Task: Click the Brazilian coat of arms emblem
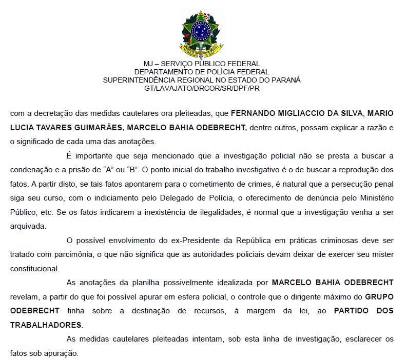(202, 33)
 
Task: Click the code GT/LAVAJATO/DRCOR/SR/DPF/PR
(202, 88)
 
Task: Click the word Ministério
(378, 198)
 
